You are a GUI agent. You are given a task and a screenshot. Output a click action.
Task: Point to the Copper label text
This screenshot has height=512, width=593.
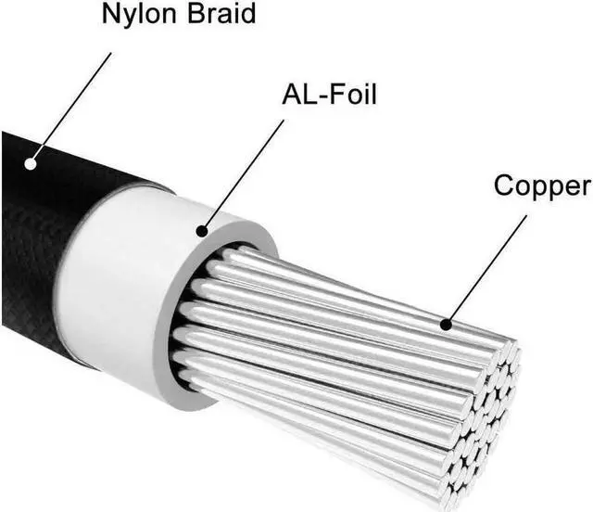tap(542, 185)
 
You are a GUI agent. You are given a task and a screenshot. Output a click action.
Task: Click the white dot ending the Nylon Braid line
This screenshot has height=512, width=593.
tap(31, 164)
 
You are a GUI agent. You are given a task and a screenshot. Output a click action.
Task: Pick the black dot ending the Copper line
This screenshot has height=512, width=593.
tap(446, 325)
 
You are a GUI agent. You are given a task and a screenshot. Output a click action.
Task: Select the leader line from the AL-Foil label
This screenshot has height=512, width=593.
tap(243, 172)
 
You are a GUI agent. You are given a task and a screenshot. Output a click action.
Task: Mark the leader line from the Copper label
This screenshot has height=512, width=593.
tap(486, 269)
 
